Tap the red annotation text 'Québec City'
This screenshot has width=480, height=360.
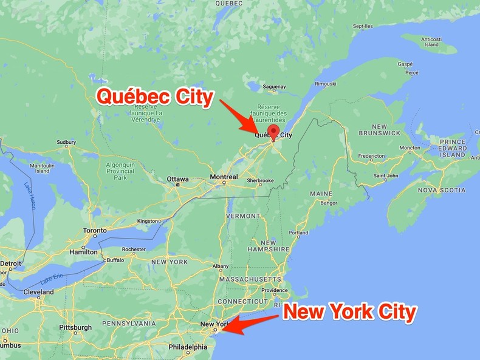coord(156,97)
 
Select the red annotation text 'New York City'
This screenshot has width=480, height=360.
coord(350,312)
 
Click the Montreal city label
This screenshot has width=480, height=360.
coord(224,177)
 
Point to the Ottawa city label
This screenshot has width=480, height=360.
coord(177,179)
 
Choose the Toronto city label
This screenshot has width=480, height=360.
coord(94,231)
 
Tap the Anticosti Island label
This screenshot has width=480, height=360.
coord(431,41)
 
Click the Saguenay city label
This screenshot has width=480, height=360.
coord(274,87)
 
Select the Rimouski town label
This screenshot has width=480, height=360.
coord(325,83)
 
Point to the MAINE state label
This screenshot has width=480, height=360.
coord(321,194)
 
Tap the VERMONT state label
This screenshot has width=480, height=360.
coord(243,216)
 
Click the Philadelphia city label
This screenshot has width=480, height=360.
coord(188,347)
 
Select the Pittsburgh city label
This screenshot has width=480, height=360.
coord(75,327)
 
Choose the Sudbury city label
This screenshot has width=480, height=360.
coord(66,143)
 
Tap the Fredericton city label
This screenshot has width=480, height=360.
coord(371,156)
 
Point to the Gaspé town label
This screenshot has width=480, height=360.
coord(405,64)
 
